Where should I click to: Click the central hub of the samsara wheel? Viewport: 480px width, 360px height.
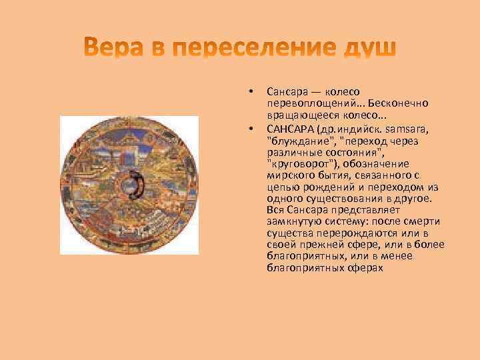tap(128, 185)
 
